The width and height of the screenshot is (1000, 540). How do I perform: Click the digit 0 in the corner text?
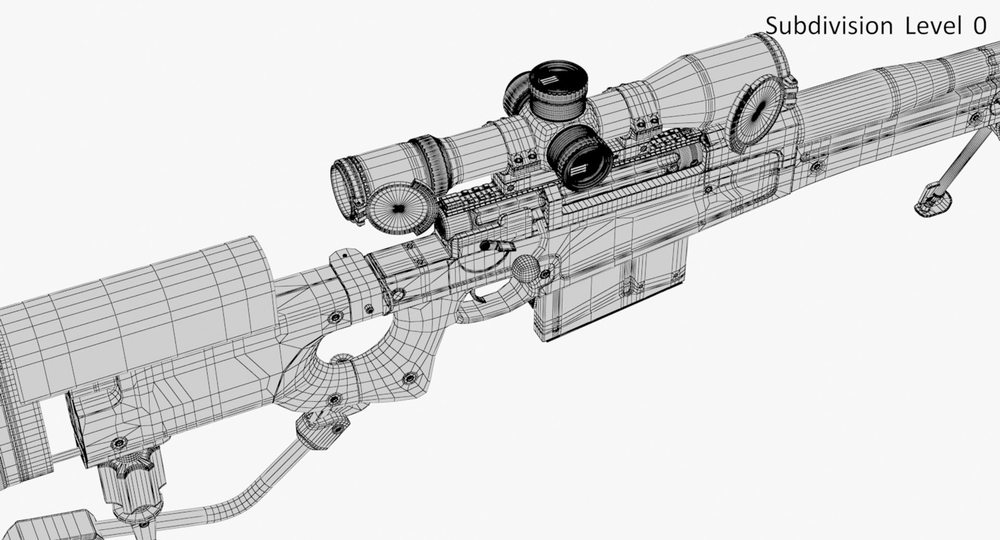tap(980, 25)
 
